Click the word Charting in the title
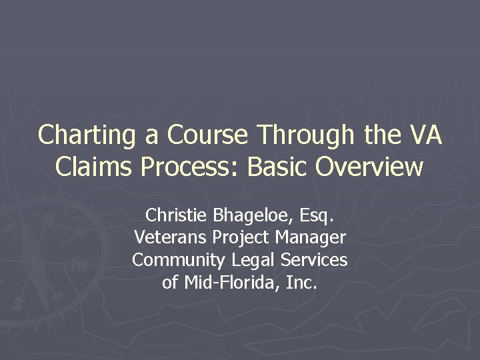[x=87, y=135]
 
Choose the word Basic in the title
[x=278, y=167]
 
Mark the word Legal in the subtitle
[x=253, y=260]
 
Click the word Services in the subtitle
[x=313, y=259]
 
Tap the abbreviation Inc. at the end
[x=301, y=282]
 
